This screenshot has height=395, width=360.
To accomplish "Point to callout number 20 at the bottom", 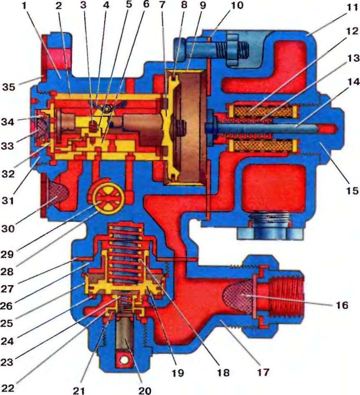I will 146,390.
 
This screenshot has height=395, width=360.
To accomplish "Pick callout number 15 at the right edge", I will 352,191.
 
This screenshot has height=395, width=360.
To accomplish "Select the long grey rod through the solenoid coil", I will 267,127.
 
